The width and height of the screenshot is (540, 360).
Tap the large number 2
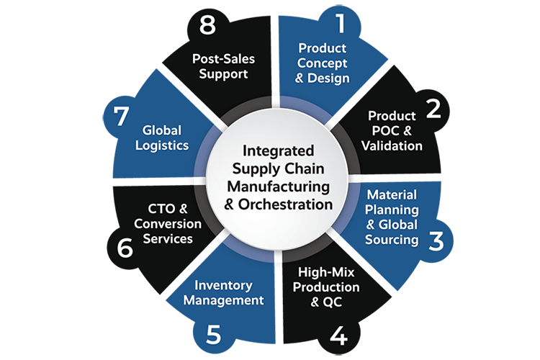(x=433, y=108)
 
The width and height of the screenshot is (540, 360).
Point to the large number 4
(x=338, y=335)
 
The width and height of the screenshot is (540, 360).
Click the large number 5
(x=213, y=335)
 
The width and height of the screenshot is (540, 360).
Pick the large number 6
(x=125, y=248)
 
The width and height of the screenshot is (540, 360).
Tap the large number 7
(x=120, y=117)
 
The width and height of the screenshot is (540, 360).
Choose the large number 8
(x=207, y=26)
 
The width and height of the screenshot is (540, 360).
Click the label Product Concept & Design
(x=323, y=63)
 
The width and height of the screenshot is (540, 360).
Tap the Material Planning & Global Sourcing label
(x=393, y=217)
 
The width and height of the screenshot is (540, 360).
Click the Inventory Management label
(x=223, y=292)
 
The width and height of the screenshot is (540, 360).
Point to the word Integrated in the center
(x=278, y=152)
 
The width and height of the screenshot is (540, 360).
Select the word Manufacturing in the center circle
(x=278, y=186)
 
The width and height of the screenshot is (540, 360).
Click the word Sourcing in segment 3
(x=392, y=239)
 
